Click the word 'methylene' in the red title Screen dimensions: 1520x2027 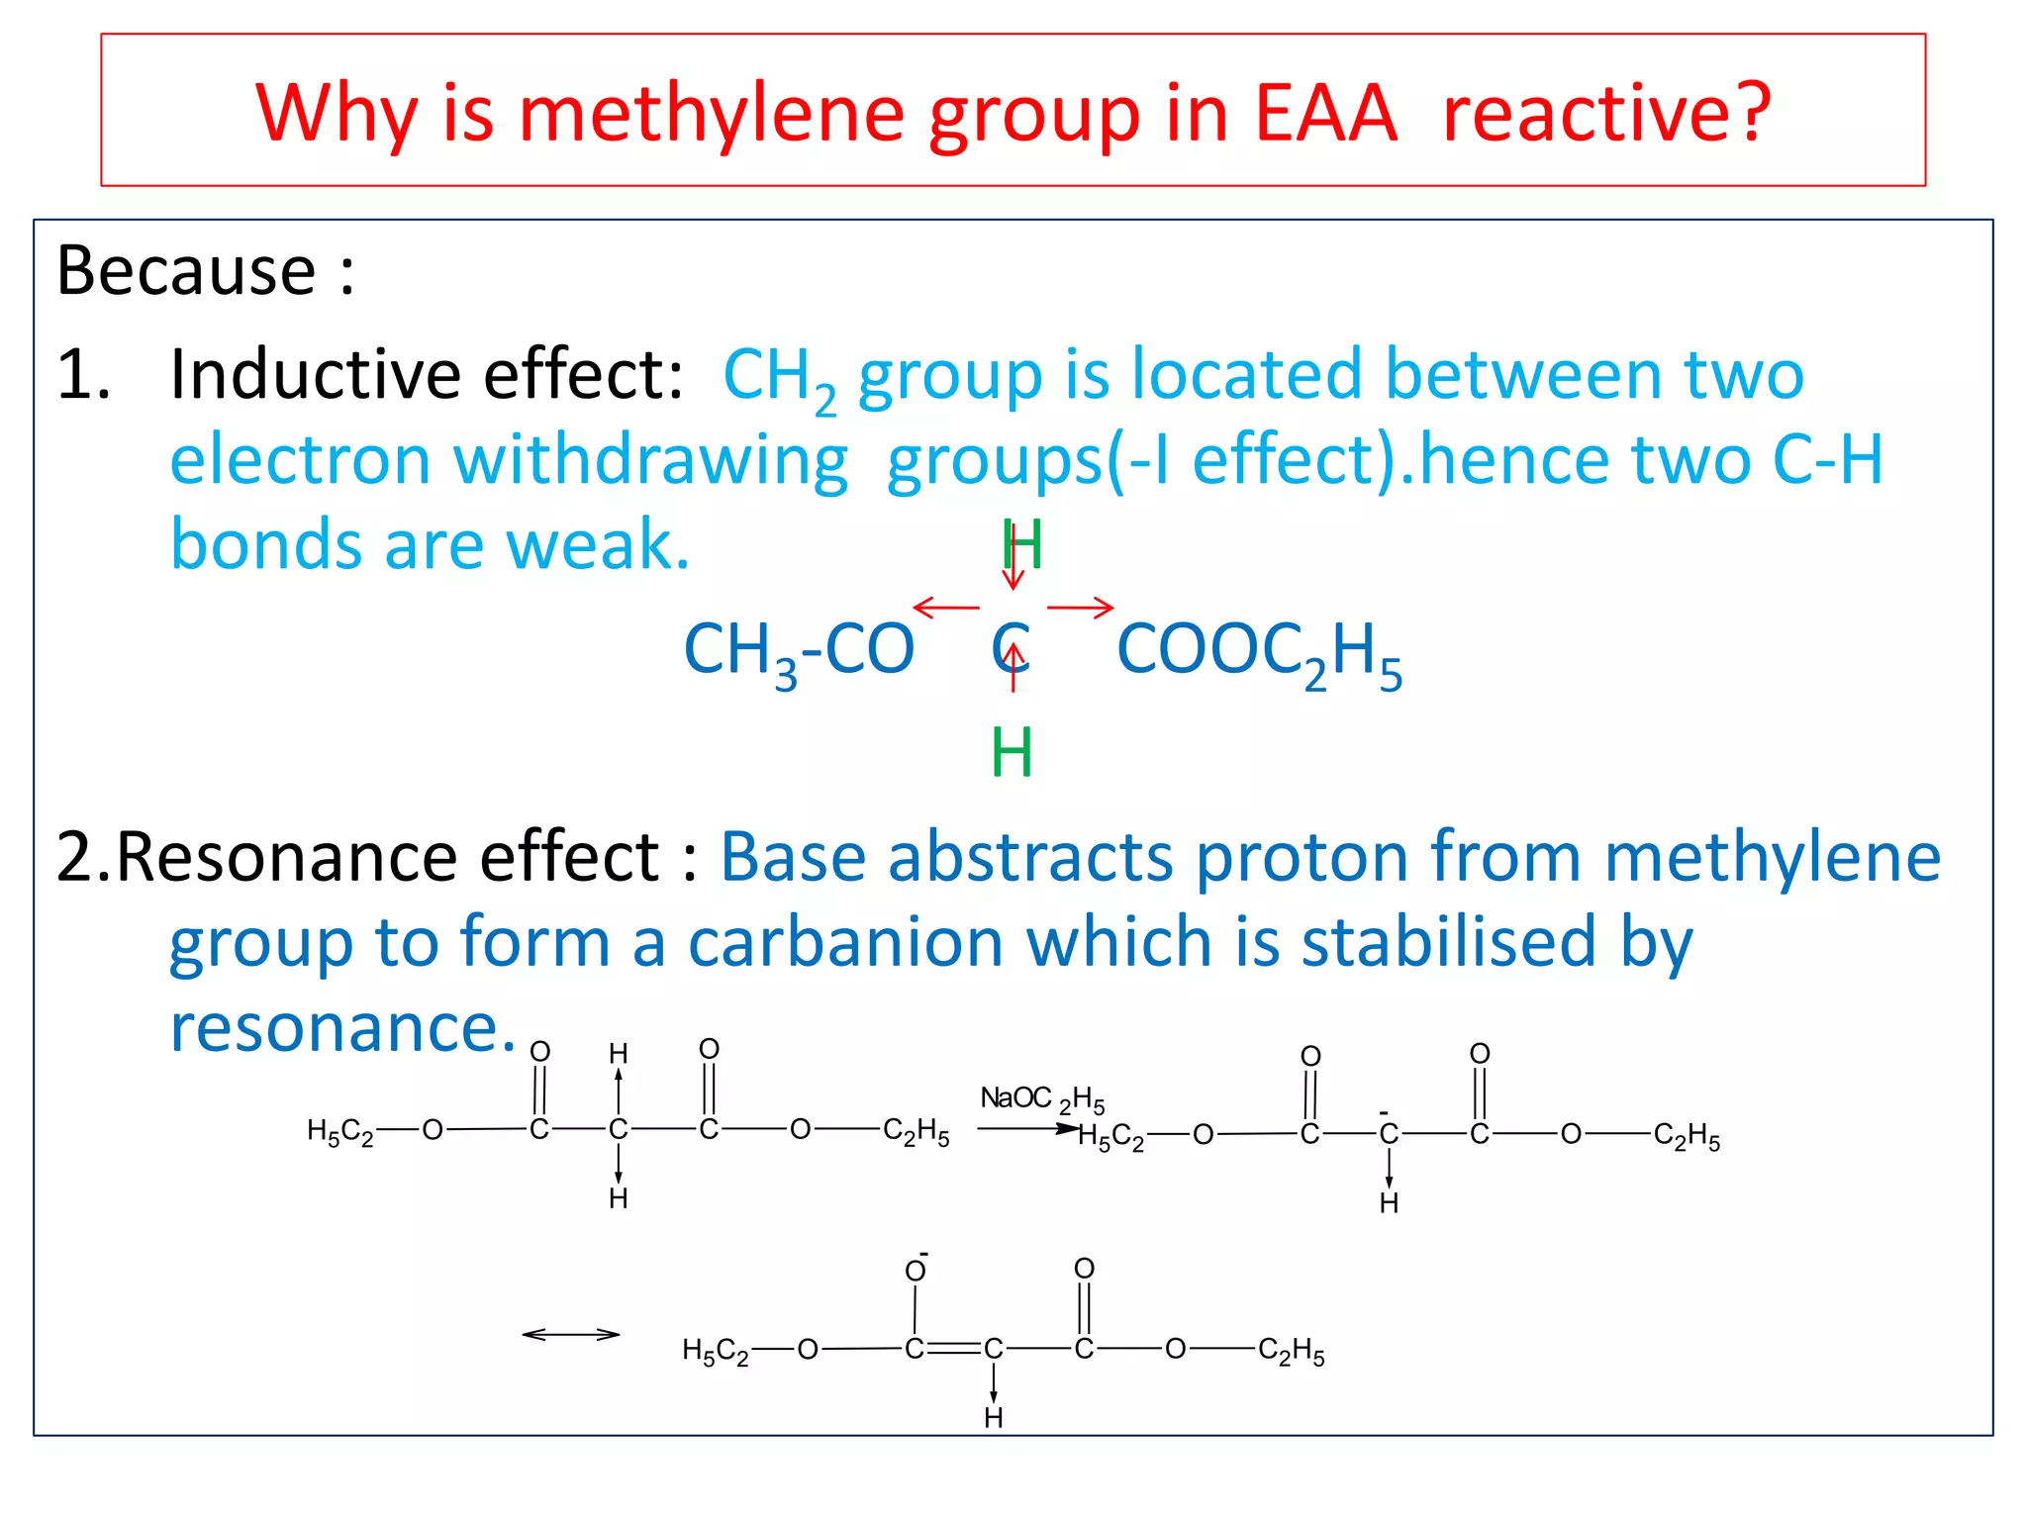coord(711,114)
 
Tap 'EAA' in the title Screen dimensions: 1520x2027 coord(1325,114)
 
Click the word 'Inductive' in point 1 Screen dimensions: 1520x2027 coord(316,375)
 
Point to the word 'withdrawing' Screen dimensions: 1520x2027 coord(650,461)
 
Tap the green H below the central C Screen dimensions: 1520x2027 coord(1012,753)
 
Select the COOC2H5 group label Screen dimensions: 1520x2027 coord(1259,652)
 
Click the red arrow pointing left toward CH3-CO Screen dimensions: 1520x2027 coord(945,607)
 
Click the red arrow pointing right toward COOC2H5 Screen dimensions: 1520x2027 coord(1081,607)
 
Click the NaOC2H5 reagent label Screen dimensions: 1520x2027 coord(1041,1099)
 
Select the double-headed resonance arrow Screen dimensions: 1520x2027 coord(571,1335)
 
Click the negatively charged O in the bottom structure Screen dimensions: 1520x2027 coord(916,1270)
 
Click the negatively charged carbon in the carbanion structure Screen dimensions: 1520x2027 coord(1389,1134)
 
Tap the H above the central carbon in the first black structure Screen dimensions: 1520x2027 coord(619,1054)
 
